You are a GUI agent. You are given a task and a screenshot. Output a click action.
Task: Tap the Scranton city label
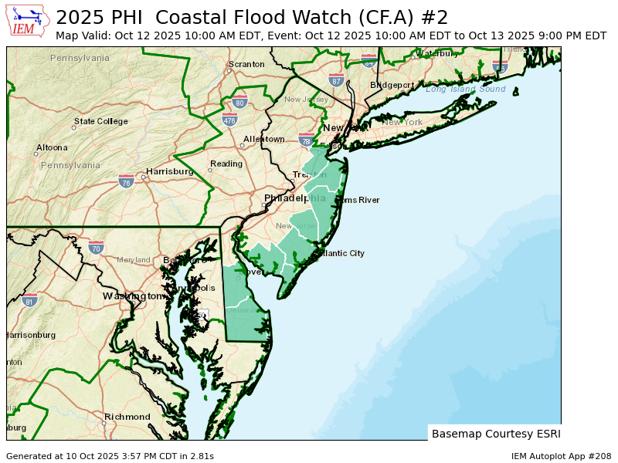[x=246, y=64]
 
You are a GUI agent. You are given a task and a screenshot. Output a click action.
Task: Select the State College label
[x=101, y=121]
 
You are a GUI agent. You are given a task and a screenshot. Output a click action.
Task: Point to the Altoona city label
[x=52, y=147]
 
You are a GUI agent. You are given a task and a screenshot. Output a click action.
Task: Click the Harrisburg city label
[x=169, y=171]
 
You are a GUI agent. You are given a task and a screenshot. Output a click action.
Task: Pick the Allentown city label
[x=264, y=139]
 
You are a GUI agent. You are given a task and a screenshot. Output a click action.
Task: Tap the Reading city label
[x=226, y=164]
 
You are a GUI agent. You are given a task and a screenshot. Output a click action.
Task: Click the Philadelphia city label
[x=294, y=198]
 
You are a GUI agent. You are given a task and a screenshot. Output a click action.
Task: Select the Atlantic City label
[x=341, y=253]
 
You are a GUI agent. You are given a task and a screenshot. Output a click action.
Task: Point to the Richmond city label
[x=127, y=417]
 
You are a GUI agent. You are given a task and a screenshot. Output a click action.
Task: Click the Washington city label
[x=133, y=296]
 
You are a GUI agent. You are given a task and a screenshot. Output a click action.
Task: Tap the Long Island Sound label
[x=465, y=90]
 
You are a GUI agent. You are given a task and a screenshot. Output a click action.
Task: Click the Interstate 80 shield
[x=239, y=102]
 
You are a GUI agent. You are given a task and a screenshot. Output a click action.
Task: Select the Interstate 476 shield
[x=229, y=120]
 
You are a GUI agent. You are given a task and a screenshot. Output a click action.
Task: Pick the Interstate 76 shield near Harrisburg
[x=126, y=181]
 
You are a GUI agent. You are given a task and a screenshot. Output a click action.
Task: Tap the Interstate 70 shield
[x=96, y=248]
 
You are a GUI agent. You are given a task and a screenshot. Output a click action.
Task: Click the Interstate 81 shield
[x=29, y=299]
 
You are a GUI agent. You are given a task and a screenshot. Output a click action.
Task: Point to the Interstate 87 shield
[x=336, y=79]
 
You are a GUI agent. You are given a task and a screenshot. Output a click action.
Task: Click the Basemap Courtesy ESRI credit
[x=496, y=434]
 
